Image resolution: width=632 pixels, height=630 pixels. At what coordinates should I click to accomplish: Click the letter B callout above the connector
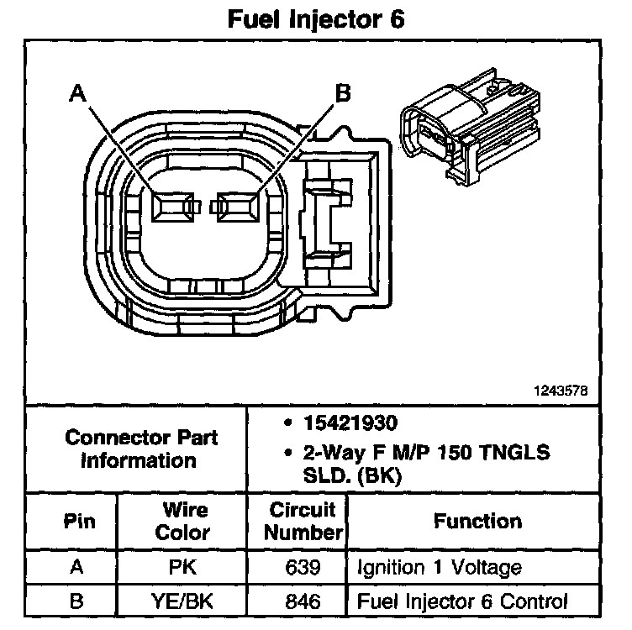point(343,93)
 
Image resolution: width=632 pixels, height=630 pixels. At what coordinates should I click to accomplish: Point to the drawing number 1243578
point(560,391)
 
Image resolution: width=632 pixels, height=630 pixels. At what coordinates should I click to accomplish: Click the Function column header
point(477,522)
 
